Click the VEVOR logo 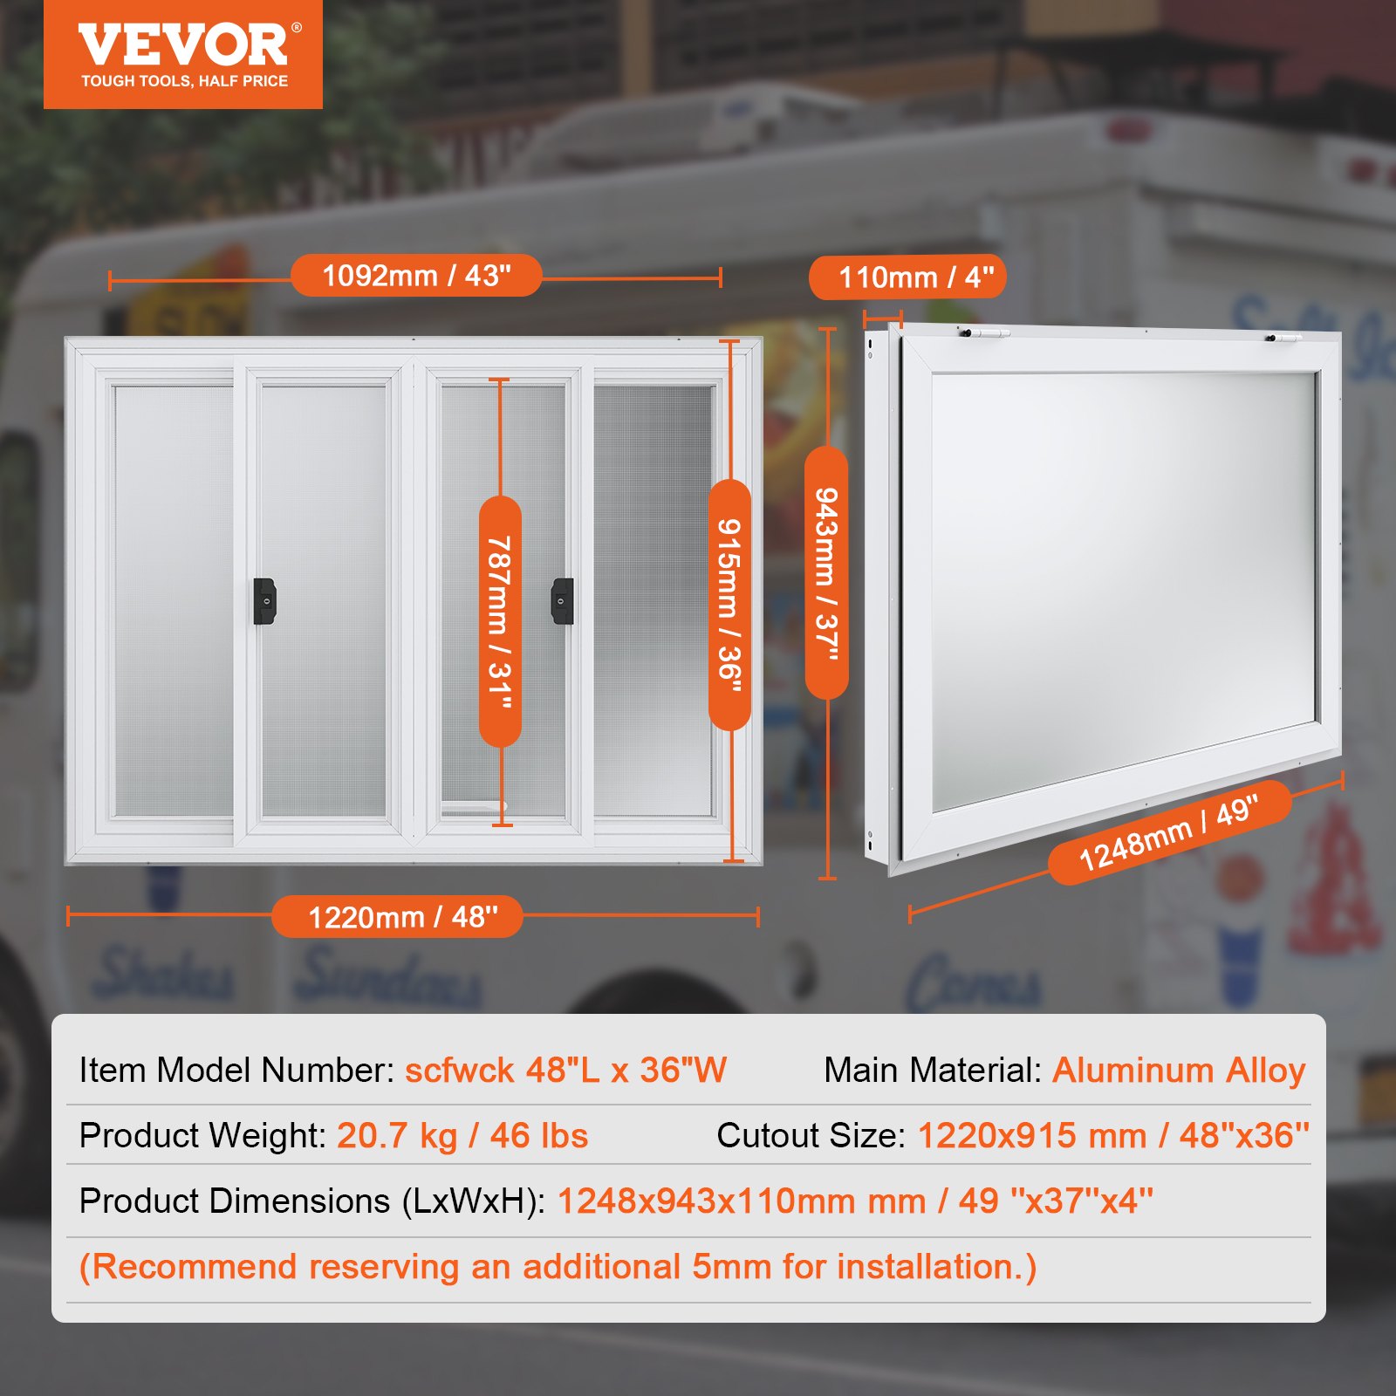click(x=183, y=45)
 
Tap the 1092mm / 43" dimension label click(x=416, y=277)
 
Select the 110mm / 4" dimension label click(x=907, y=278)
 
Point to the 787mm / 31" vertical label click(x=500, y=621)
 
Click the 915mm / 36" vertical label click(x=729, y=605)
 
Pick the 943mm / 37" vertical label click(x=826, y=573)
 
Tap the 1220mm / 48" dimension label click(x=398, y=917)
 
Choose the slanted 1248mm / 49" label click(x=1169, y=833)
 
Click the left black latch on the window click(x=264, y=601)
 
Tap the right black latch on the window click(x=563, y=601)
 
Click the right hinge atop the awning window click(x=1283, y=337)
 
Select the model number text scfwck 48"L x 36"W click(x=565, y=1071)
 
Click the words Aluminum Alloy click(x=1179, y=1071)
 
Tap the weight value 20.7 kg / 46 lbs click(x=462, y=1136)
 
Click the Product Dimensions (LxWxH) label click(x=311, y=1201)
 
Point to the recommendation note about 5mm click(x=558, y=1267)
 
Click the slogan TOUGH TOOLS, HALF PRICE click(x=184, y=81)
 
